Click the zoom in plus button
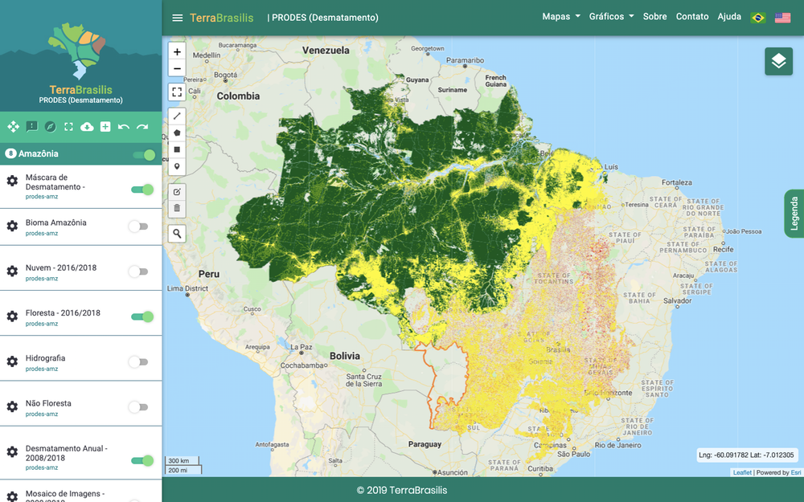point(177,51)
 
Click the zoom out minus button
point(177,68)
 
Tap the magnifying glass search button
point(177,234)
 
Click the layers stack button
point(778,61)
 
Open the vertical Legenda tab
point(794,214)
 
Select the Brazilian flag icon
point(757,18)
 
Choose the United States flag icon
point(782,18)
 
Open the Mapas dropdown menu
point(560,17)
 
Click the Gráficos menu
point(611,17)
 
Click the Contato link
point(692,17)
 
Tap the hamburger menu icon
point(178,18)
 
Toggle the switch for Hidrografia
point(139,362)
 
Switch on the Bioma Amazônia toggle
point(139,227)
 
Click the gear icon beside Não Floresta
point(12,407)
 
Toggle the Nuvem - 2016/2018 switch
point(139,271)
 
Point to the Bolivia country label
point(344,356)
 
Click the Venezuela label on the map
point(326,51)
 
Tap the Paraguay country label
point(425,444)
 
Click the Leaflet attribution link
point(742,472)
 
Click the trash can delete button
point(177,208)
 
